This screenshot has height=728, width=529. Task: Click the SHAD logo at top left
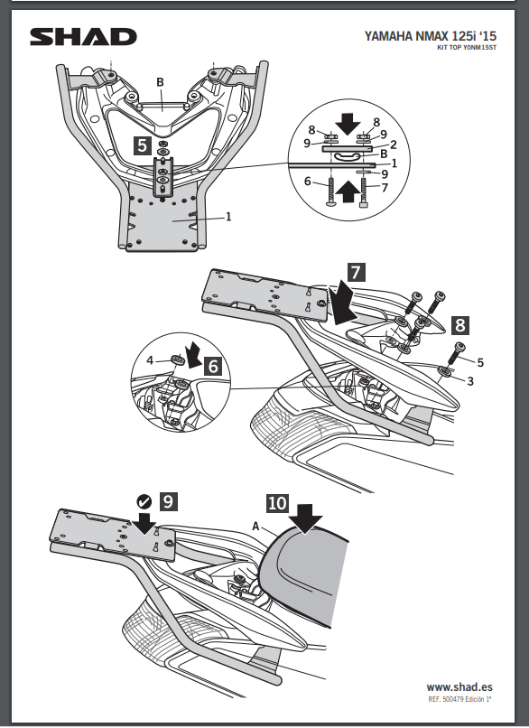84,37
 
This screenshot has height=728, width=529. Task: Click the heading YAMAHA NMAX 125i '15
431,36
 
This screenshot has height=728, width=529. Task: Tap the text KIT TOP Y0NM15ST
467,47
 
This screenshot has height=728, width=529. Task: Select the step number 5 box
143,145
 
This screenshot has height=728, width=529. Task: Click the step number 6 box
213,366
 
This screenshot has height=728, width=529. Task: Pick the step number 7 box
356,272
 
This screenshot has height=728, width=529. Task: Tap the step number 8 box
459,325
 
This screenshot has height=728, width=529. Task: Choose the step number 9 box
168,501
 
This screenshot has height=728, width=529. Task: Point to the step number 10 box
277,503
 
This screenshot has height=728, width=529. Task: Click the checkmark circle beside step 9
144,501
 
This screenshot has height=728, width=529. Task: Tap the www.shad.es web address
459,686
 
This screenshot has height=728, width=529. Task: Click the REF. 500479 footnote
459,699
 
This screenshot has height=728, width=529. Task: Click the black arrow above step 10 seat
304,518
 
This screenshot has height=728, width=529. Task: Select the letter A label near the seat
255,526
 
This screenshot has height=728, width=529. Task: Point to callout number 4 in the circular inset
150,359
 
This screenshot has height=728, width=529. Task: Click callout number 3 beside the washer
470,381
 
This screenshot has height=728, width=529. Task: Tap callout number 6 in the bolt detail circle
307,181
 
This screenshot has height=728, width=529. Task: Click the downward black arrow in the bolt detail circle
348,123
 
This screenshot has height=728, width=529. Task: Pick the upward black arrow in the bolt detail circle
348,191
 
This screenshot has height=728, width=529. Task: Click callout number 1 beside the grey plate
228,217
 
